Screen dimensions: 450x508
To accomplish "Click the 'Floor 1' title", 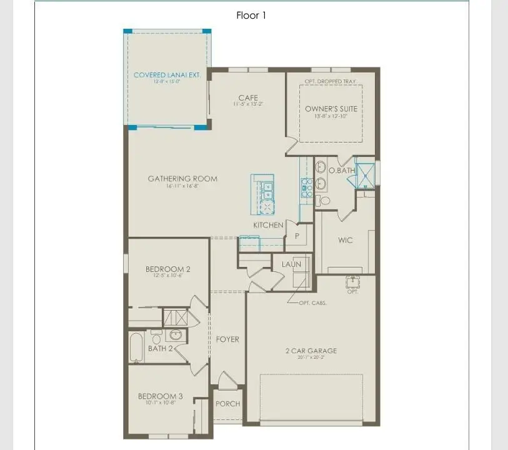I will tap(251, 16).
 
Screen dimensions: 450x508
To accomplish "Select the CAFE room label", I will tap(248, 98).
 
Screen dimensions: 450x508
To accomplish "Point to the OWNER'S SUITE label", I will tap(331, 109).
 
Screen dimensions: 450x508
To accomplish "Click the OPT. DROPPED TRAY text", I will tap(331, 81).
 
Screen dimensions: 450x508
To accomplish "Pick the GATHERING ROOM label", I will tap(182, 179).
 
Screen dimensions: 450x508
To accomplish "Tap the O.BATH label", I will tap(342, 170).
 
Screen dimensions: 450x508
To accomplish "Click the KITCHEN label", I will tap(268, 225).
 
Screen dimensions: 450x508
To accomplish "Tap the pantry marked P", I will tap(296, 237).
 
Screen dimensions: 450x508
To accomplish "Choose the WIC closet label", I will tap(345, 240).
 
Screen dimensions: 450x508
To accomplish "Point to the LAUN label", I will tap(291, 264).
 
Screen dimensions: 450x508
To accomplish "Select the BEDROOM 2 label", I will tap(168, 269).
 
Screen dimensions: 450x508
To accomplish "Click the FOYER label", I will tap(227, 339).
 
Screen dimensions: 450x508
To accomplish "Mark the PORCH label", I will tap(227, 404).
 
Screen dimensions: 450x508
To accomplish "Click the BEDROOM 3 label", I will tap(161, 396).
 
